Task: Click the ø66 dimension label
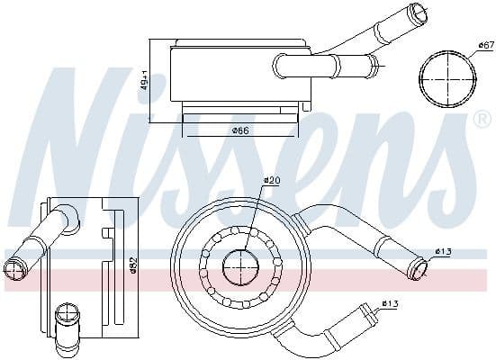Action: coord(239,130)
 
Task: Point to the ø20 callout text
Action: coord(273,181)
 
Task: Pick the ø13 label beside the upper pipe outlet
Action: coord(442,250)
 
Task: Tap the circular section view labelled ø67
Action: coord(447,79)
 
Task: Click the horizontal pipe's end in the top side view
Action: coord(372,64)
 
